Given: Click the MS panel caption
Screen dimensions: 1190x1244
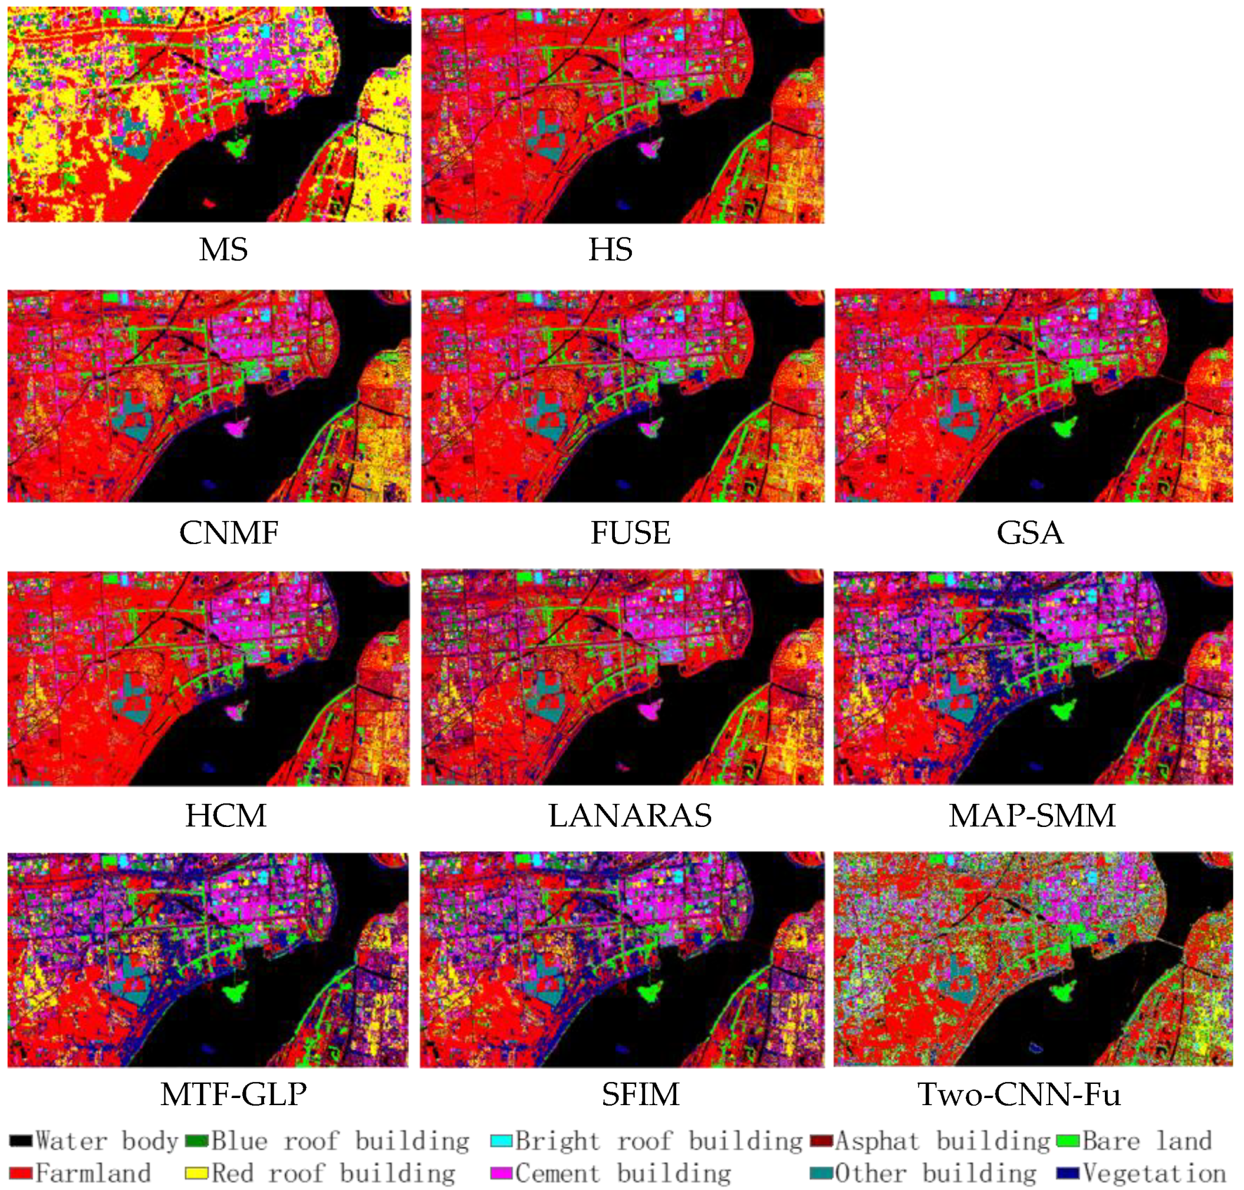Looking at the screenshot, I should coord(223,249).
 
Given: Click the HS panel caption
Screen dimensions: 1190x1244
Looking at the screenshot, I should coord(610,249).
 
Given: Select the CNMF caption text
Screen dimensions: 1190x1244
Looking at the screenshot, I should coord(228,532).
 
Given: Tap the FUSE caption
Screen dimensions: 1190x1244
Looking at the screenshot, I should coord(630,532).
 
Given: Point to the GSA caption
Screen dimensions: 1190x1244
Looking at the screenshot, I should coord(1029,532).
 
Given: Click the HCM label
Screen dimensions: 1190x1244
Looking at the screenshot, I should coord(225,815).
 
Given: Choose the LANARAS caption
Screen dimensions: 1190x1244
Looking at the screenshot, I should coord(630,815).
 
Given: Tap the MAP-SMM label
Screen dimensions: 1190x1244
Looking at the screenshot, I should coord(1032,815).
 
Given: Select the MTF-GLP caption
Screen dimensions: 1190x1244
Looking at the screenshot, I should coord(233,1093).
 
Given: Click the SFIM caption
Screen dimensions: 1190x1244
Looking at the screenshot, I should coord(640,1093).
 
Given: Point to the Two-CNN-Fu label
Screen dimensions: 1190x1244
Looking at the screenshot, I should coord(1019,1093).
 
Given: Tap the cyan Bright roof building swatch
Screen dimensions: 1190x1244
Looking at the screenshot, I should coord(501,1140).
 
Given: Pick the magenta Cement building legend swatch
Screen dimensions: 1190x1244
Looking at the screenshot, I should coord(501,1173).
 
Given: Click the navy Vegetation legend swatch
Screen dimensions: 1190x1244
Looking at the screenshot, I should coord(1068,1173).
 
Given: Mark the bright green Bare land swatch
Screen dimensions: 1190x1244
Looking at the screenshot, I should coord(1068,1140).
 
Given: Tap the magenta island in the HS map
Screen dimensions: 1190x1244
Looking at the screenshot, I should coord(649,149).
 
